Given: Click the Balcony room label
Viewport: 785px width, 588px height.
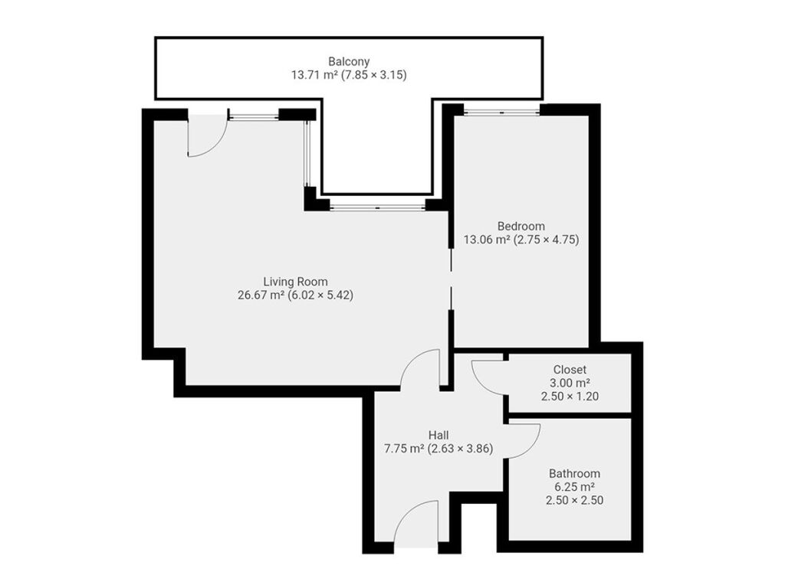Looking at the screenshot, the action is click(349, 61).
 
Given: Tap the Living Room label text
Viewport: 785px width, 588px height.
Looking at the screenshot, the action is click(295, 282).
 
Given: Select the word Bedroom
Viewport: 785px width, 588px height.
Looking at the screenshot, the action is click(521, 226).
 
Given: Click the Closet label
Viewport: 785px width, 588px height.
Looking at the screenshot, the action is click(570, 370).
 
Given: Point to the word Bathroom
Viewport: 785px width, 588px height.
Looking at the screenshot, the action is click(574, 473).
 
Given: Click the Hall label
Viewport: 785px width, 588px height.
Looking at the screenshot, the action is click(438, 435).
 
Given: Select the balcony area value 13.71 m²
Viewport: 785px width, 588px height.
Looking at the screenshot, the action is click(314, 75).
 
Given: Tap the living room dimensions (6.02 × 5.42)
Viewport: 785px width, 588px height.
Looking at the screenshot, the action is click(321, 295).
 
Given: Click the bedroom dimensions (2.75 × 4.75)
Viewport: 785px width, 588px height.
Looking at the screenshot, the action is click(547, 240).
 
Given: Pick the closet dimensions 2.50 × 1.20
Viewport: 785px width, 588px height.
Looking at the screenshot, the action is click(570, 397).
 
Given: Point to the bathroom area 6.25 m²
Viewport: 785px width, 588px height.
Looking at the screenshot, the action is click(574, 487).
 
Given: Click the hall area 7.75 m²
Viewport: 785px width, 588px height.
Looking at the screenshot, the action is click(405, 449).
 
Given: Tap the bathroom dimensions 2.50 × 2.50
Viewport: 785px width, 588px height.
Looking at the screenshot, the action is click(574, 501).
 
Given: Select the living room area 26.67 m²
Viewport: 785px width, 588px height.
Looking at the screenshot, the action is click(261, 295).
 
